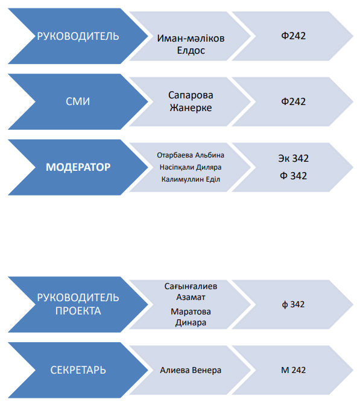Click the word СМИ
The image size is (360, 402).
(x=78, y=101)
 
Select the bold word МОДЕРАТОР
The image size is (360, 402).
(x=78, y=167)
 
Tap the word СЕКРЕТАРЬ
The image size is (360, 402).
(x=78, y=370)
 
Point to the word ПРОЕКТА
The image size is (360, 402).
(x=78, y=311)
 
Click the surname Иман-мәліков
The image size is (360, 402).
(x=191, y=38)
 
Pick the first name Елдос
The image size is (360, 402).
(x=191, y=50)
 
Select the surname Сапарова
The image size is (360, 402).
(x=191, y=95)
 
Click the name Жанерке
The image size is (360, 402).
(x=191, y=107)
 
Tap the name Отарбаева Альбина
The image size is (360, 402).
(x=191, y=155)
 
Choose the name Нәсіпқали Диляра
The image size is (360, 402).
(x=191, y=167)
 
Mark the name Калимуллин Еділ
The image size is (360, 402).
(x=191, y=179)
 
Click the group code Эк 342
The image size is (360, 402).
(x=294, y=158)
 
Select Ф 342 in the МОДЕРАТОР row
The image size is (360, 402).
(x=294, y=176)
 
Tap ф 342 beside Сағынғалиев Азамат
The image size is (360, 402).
(x=293, y=304)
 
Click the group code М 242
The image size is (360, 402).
(x=294, y=370)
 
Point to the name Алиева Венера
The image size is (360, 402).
(x=191, y=370)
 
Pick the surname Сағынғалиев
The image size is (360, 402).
(x=191, y=286)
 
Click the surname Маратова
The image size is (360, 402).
(x=191, y=311)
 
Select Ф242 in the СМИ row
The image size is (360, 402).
(x=294, y=101)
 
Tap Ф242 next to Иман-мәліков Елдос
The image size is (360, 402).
(x=294, y=36)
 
